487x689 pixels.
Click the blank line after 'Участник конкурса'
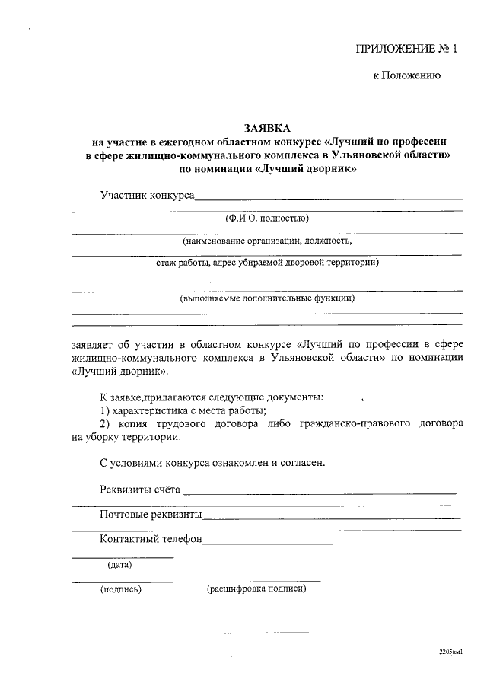(x=329, y=199)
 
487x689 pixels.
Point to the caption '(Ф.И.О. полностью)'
(x=267, y=219)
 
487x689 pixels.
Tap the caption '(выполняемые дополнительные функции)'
(x=267, y=298)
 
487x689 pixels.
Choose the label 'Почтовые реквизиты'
(x=151, y=515)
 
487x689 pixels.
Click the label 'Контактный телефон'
(x=151, y=539)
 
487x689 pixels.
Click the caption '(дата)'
(x=119, y=565)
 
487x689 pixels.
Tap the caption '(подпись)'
(x=120, y=589)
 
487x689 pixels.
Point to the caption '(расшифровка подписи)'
(x=256, y=589)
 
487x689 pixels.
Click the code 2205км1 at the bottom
(x=450, y=653)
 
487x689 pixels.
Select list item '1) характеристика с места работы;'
(x=183, y=411)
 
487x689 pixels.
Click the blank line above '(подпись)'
(x=122, y=581)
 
